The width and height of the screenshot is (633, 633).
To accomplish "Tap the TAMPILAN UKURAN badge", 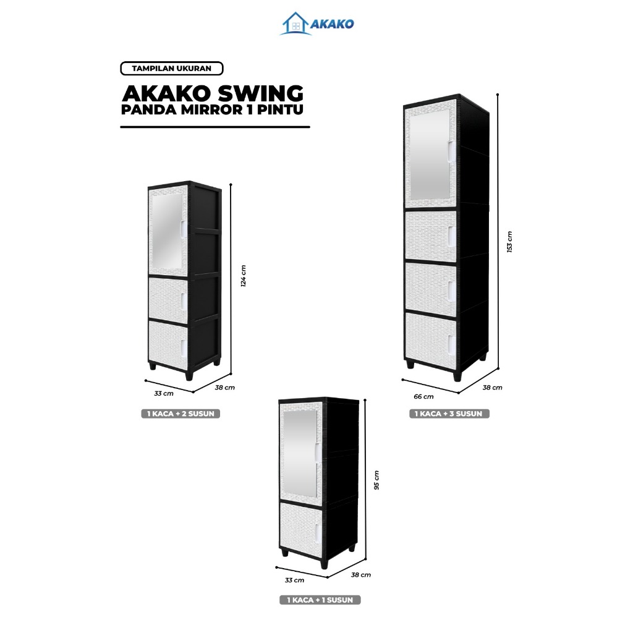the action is (x=171, y=69).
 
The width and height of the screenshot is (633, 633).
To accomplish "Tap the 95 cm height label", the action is (x=377, y=480).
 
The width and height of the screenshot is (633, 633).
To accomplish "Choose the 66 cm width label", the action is (x=424, y=396).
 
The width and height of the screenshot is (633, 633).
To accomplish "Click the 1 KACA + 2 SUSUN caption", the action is (x=180, y=414).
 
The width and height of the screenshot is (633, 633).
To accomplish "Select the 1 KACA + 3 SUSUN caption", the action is (x=449, y=414).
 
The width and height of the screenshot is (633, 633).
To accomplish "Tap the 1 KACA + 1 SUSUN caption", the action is (x=320, y=600).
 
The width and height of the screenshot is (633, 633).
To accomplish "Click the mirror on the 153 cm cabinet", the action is (x=431, y=155).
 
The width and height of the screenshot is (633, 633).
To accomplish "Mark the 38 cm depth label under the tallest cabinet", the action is (x=493, y=388).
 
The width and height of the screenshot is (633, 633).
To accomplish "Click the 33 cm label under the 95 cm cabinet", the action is (x=295, y=580).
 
